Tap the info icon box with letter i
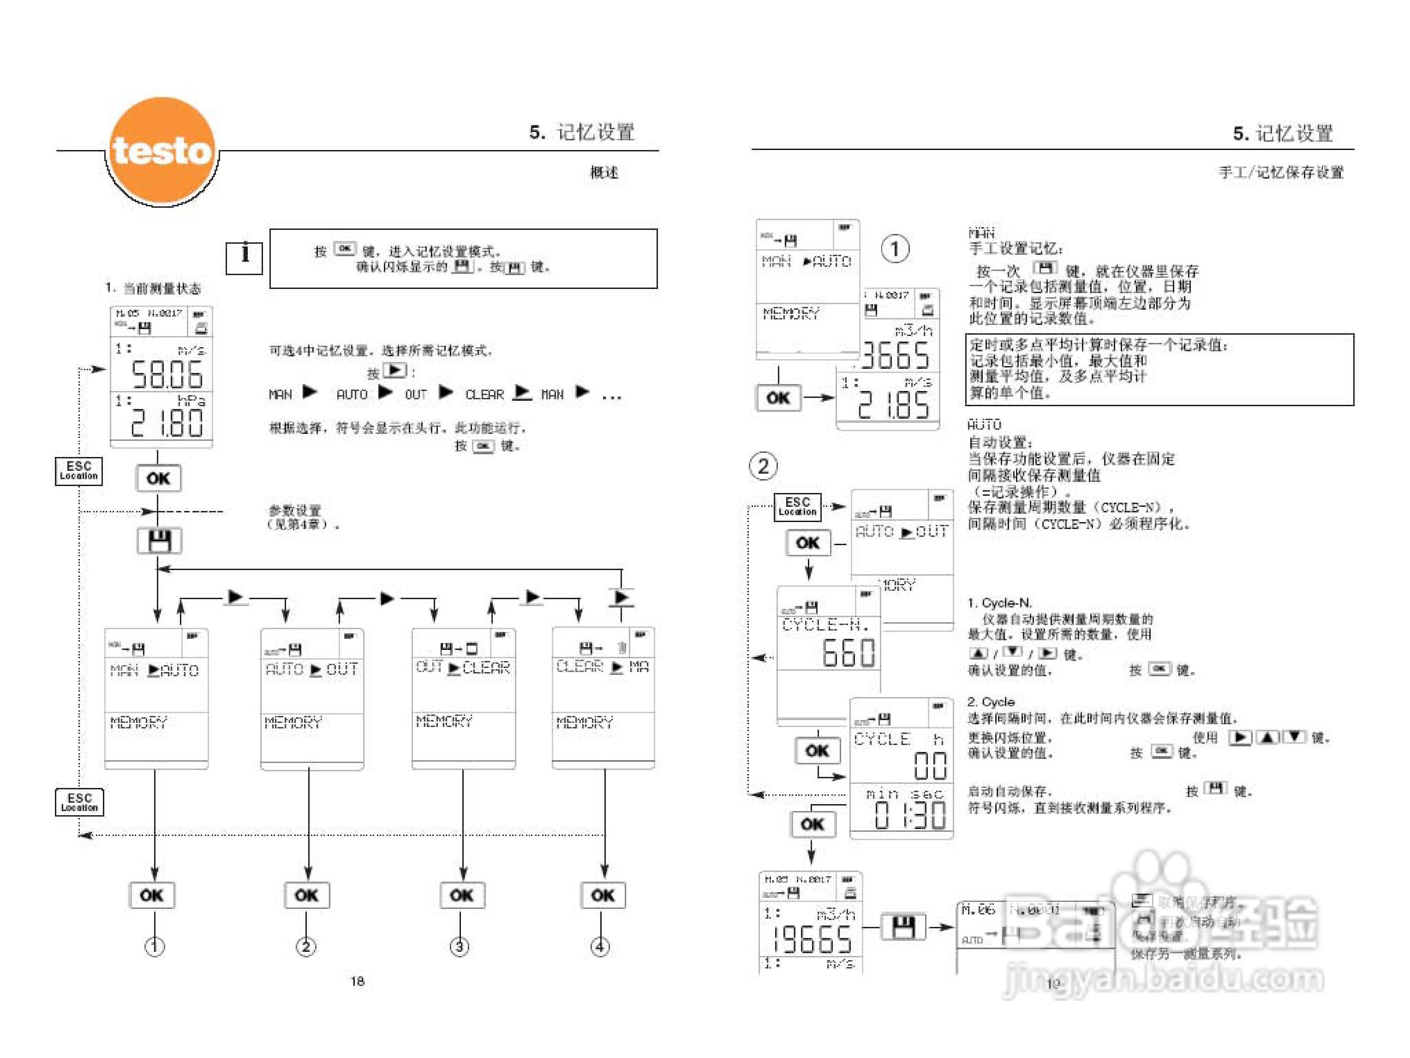click(244, 257)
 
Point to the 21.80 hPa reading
click(167, 422)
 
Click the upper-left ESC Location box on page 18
click(78, 471)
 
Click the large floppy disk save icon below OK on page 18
click(159, 541)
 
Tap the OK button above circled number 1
click(152, 895)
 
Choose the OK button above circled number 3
click(462, 895)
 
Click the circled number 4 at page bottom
click(600, 946)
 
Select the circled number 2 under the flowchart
click(306, 946)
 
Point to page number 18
click(357, 981)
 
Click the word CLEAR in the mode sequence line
click(484, 395)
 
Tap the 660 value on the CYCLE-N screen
click(848, 652)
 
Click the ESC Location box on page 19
click(797, 507)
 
